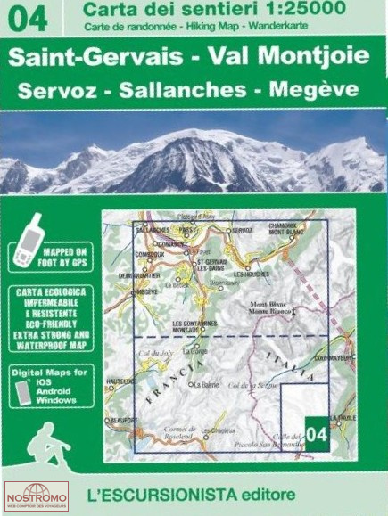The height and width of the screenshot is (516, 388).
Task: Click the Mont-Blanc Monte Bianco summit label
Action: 273,307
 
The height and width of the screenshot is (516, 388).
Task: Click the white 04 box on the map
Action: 317,433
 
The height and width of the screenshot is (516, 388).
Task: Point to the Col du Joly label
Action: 148,356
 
